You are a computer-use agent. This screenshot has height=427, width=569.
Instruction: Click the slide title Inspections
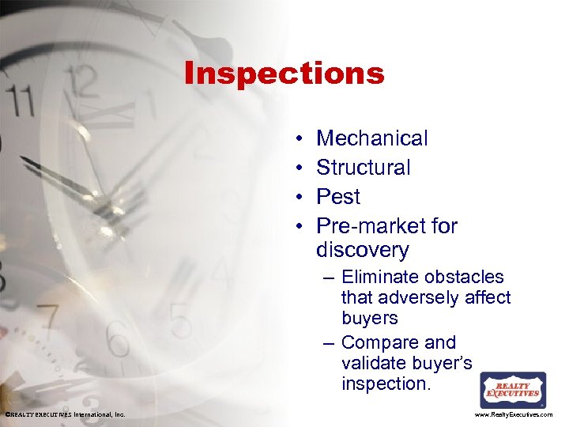click(x=284, y=74)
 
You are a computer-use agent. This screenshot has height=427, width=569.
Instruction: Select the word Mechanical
click(x=371, y=138)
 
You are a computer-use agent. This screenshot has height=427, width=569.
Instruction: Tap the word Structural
click(x=364, y=168)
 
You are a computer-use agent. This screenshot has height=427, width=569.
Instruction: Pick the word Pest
click(x=338, y=196)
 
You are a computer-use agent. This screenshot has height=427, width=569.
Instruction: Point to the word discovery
click(x=362, y=251)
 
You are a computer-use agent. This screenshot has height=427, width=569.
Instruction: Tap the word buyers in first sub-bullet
click(x=370, y=318)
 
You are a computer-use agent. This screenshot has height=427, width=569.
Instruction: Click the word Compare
click(x=378, y=342)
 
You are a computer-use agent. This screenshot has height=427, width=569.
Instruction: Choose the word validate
click(x=375, y=363)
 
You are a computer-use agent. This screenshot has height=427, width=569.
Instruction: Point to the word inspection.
click(x=384, y=384)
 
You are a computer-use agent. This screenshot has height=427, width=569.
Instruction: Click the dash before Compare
click(x=328, y=343)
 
